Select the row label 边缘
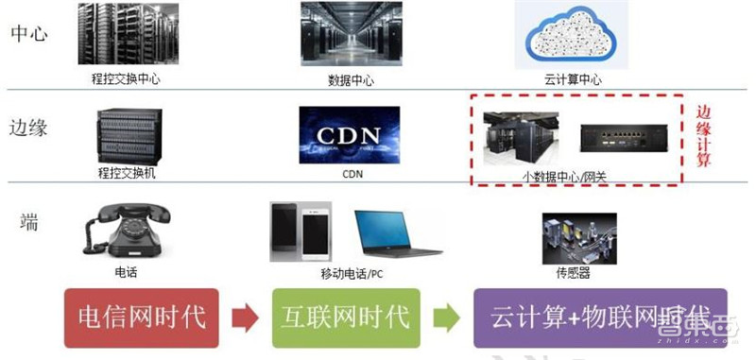coord(28,127)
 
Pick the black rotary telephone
coord(123,230)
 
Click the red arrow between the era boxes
coord(244,317)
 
